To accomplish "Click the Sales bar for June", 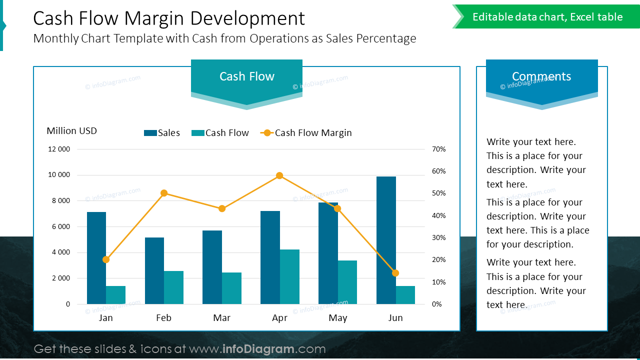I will (386, 240).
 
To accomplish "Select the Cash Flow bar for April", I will (289, 276).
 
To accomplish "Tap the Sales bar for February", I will (154, 270).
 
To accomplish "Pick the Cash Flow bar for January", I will (115, 295).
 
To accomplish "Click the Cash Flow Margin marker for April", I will (279, 175).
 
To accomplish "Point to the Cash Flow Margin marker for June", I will (395, 273).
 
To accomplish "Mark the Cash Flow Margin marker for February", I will (164, 193).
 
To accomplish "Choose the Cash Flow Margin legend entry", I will (306, 133).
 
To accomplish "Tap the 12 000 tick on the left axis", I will (59, 149).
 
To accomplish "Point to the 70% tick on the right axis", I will (438, 149).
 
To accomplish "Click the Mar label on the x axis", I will (221, 318).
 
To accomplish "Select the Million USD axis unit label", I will (71, 131).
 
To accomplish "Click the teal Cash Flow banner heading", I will (246, 76).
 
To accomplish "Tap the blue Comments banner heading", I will (541, 76).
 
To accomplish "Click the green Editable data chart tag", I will (547, 17).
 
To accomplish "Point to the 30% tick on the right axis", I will (438, 237).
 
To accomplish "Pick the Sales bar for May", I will (328, 253).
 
